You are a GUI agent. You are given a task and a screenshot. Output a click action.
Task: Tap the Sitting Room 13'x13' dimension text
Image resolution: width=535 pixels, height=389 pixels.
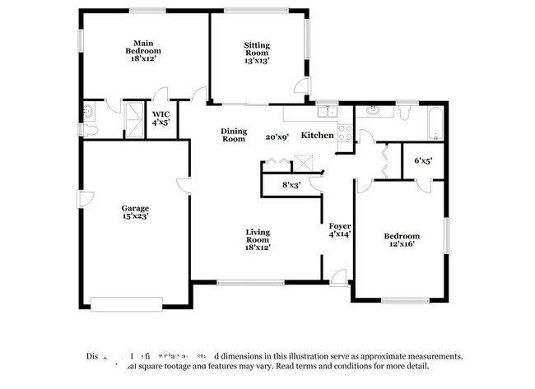pyautogui.click(x=257, y=60)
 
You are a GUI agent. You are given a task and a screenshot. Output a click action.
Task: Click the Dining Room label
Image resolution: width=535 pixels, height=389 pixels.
pyautogui.click(x=234, y=135)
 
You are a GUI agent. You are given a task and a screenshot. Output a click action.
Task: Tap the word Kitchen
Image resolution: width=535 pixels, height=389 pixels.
pyautogui.click(x=317, y=135)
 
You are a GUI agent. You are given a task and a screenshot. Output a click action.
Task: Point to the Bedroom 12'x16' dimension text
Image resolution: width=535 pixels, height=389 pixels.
pyautogui.click(x=402, y=243)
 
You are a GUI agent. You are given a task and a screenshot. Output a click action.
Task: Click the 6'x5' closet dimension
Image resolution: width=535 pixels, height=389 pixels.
pyautogui.click(x=422, y=160)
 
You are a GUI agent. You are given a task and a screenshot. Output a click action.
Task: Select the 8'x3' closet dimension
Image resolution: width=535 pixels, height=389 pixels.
pyautogui.click(x=291, y=185)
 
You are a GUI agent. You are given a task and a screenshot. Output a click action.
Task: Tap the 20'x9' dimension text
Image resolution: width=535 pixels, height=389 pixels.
pyautogui.click(x=277, y=137)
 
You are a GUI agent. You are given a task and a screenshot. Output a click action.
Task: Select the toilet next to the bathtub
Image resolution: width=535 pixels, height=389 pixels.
pyautogui.click(x=407, y=112)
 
